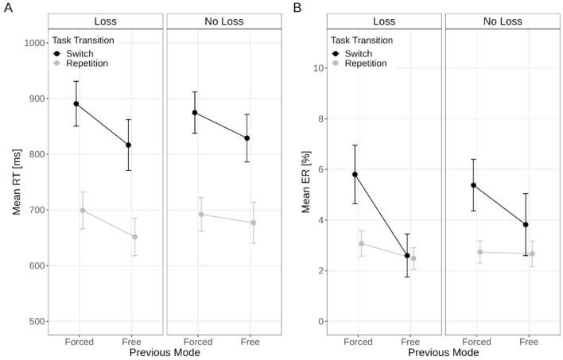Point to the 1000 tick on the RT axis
(33, 43)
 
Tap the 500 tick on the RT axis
(35, 321)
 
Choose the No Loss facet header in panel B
(502, 21)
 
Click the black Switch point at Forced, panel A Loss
(76, 103)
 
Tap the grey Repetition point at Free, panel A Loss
(134, 237)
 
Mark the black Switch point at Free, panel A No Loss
(247, 138)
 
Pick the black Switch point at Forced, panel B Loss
(355, 174)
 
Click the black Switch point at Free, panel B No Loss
(526, 224)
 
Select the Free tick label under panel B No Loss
(529, 341)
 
